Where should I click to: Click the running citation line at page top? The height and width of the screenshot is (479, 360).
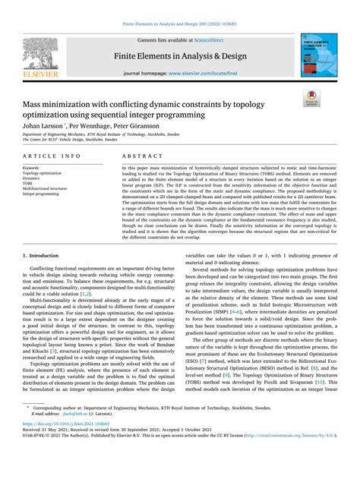tap(179, 24)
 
